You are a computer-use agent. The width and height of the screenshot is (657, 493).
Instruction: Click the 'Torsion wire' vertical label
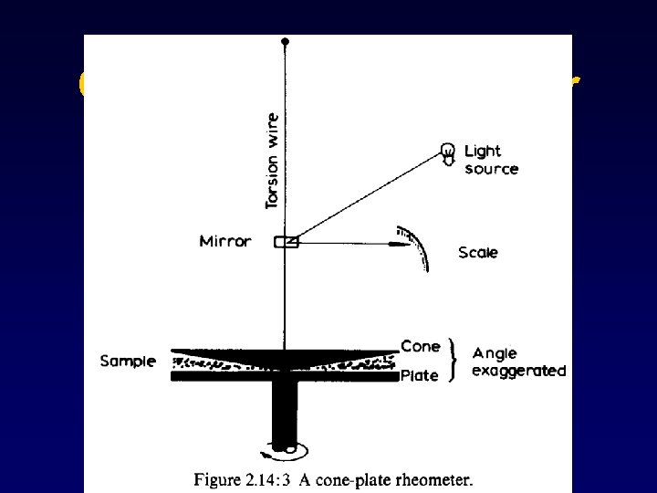pyautogui.click(x=272, y=160)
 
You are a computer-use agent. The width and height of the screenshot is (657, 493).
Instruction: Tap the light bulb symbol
pyautogui.click(x=448, y=153)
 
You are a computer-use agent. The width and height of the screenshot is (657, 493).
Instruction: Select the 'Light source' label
pyautogui.click(x=491, y=160)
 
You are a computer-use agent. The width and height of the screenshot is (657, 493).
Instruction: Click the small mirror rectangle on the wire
pyautogui.click(x=287, y=242)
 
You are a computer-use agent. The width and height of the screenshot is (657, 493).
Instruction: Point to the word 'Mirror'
pyautogui.click(x=224, y=242)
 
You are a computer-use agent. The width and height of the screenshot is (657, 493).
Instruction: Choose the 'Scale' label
pyautogui.click(x=478, y=252)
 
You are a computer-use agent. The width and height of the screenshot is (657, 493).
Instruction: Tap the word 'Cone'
pyautogui.click(x=421, y=346)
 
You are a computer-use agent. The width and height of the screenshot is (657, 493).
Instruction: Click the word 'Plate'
pyautogui.click(x=420, y=374)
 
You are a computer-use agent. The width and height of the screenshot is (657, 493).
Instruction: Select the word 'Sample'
pyautogui.click(x=128, y=361)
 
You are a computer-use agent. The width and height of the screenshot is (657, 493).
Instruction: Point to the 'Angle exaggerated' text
pyautogui.click(x=518, y=362)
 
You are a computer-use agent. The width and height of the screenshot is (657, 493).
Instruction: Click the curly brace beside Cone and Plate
pyautogui.click(x=454, y=361)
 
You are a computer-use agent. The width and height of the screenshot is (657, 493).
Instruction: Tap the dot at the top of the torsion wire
pyautogui.click(x=286, y=42)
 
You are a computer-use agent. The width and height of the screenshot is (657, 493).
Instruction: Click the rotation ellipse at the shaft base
pyautogui.click(x=287, y=448)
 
